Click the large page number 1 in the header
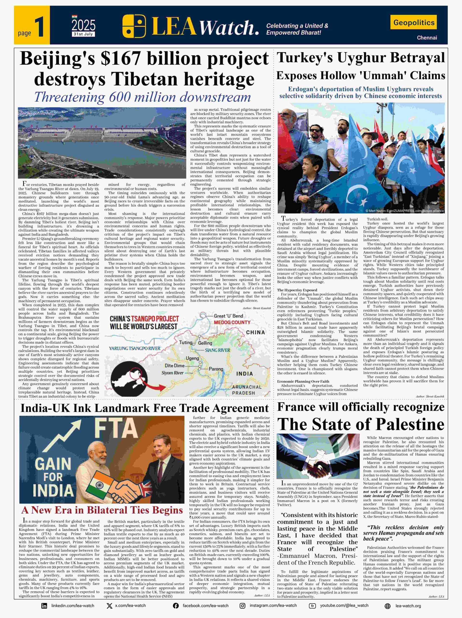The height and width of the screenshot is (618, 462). (39, 27)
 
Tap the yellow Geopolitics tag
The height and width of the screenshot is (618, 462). (414, 22)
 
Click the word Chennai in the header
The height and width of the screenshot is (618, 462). (427, 38)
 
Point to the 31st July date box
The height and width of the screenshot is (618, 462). (83, 34)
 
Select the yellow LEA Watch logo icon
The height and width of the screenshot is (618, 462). (134, 26)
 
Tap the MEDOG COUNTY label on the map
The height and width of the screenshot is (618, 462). (232, 322)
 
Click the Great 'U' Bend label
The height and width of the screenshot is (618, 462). (228, 316)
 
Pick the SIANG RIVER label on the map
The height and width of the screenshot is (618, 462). (217, 350)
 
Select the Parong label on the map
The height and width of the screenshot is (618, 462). (216, 369)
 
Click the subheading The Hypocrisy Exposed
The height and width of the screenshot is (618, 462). (297, 290)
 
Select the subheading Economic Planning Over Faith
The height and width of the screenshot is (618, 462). (303, 381)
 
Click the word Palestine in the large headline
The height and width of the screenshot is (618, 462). (410, 424)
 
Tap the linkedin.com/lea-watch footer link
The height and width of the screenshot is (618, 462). (73, 606)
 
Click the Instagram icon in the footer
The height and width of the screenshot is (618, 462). (243, 606)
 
